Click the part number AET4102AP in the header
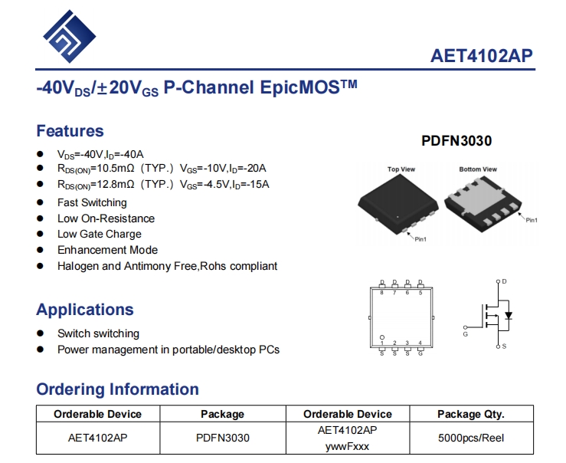482,56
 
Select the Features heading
70,130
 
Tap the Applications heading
84,310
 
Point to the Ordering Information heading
117,389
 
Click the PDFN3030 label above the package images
456,141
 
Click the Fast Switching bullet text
92,202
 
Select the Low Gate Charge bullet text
99,234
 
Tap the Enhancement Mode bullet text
107,250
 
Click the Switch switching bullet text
98,333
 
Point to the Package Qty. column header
470,414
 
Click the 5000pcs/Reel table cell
470,438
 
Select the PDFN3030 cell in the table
222,438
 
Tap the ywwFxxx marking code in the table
347,445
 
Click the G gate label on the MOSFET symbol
465,334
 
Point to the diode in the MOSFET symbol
509,315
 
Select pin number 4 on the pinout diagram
420,343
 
